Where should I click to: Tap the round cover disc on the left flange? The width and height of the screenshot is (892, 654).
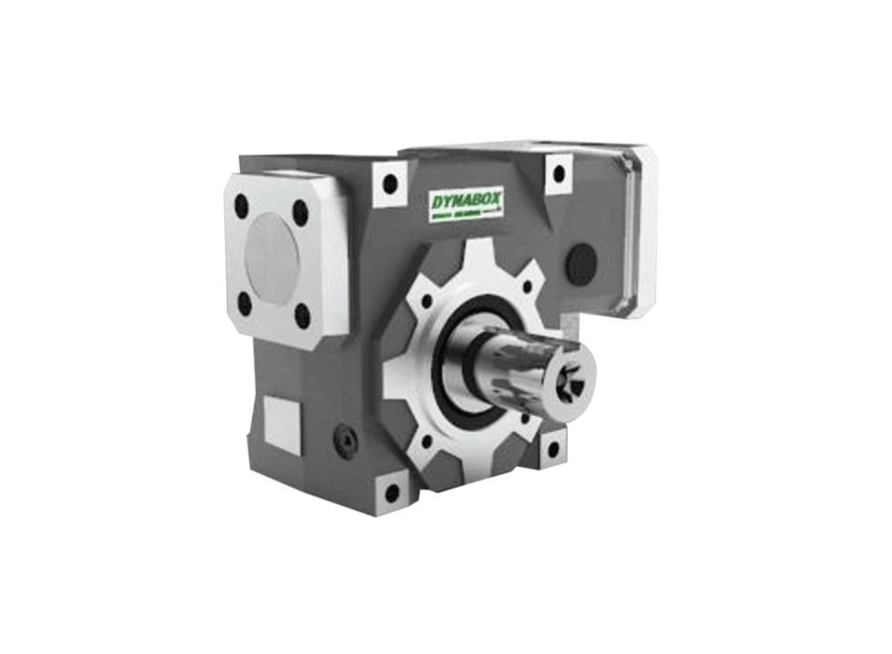pos(272,260)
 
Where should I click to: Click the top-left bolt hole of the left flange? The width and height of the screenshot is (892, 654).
pos(241,206)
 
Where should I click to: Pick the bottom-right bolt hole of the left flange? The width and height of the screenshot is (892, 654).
pos(303,316)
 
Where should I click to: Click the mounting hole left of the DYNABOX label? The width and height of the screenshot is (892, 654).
pos(390,182)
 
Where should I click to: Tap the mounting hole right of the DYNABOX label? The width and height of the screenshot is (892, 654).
pos(558,174)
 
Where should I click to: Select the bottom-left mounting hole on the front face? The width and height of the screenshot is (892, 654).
pos(391,491)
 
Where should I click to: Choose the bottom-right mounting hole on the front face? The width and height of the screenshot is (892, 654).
pos(551,449)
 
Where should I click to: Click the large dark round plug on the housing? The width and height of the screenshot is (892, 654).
pos(583,262)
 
